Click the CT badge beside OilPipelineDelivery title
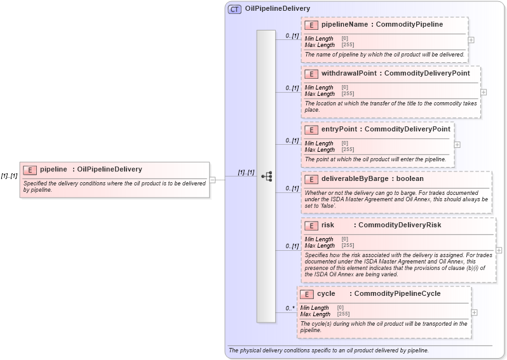(234, 9)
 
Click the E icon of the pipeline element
(29, 170)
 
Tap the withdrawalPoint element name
(349, 74)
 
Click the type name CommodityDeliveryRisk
(400, 225)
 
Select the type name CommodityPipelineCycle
(397, 294)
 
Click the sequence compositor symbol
(267, 176)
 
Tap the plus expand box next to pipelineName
(471, 39)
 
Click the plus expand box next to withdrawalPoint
(483, 92)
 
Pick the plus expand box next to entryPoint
(457, 145)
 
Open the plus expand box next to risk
(499, 250)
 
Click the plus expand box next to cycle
(475, 312)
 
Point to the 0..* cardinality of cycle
(290, 308)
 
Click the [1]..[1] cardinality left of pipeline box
(9, 176)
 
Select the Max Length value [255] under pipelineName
(348, 45)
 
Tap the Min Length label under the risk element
(319, 239)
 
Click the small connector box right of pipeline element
(213, 180)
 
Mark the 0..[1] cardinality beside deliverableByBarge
(292, 189)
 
